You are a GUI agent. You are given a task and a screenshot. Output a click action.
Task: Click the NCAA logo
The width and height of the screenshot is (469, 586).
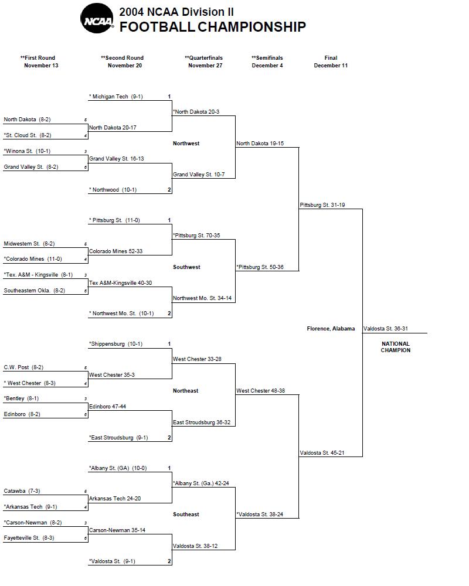pos(97,18)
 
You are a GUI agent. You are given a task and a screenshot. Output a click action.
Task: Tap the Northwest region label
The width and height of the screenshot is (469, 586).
pos(186,144)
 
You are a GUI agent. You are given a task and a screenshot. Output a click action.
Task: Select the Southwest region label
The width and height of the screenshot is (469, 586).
pos(186,267)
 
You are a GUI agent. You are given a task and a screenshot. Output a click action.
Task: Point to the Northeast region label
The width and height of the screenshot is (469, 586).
pos(185,391)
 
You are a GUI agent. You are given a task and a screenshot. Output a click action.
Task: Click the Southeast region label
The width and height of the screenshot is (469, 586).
pos(186,515)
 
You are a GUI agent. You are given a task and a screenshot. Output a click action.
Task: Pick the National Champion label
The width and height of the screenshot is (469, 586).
pos(396,347)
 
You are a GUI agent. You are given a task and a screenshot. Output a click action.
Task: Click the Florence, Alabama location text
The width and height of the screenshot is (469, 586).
pos(331,329)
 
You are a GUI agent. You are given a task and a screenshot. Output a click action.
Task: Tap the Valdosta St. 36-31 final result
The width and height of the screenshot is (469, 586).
pos(386,329)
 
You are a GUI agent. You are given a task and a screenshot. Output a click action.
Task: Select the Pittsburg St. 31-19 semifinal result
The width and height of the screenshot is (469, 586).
pos(322,205)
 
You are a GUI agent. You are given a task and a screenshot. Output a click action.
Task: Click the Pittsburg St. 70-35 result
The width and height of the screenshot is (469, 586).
pos(196,236)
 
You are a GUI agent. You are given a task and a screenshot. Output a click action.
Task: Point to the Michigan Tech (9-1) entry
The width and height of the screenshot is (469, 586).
pos(116,97)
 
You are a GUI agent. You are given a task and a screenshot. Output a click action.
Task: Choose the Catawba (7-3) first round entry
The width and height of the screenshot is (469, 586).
pos(22,491)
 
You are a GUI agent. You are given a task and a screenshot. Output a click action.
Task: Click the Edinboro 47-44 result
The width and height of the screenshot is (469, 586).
pos(107,407)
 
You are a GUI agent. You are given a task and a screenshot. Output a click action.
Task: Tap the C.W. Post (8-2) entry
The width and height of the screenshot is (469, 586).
pos(23,367)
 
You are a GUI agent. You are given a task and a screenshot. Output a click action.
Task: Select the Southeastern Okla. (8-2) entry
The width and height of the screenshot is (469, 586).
pos(35,291)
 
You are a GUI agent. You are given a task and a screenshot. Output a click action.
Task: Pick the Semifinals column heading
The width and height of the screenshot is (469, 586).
pos(267,58)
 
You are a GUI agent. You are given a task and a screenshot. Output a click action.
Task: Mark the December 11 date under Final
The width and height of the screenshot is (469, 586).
pos(331,66)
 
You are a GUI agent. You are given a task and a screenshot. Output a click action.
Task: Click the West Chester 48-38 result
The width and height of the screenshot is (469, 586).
pos(261,391)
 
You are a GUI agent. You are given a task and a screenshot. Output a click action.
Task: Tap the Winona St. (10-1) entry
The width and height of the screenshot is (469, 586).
pos(27,151)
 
